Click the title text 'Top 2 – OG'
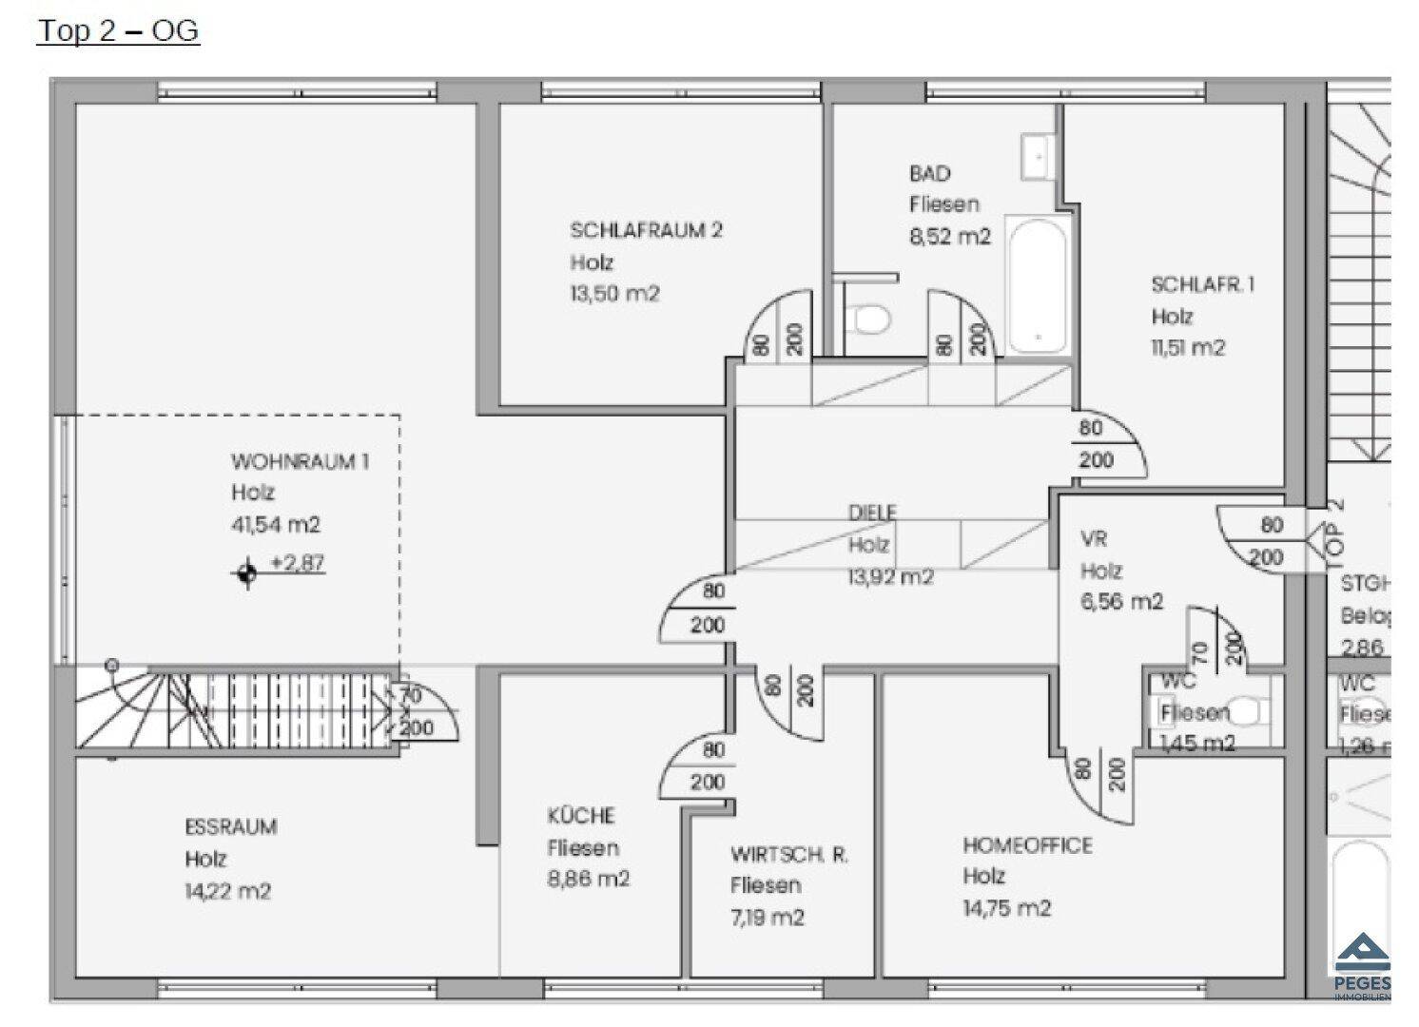pyautogui.click(x=118, y=30)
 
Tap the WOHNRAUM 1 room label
pyautogui.click(x=300, y=462)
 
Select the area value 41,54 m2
pyautogui.click(x=276, y=524)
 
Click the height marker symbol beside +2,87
pyautogui.click(x=247, y=573)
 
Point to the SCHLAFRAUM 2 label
pyautogui.click(x=646, y=230)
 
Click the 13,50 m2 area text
pyautogui.click(x=614, y=294)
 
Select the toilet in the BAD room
pyautogui.click(x=867, y=319)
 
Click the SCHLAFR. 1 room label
pyautogui.click(x=1202, y=284)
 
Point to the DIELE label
pyautogui.click(x=872, y=513)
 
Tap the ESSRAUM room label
pyautogui.click(x=231, y=826)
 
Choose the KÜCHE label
pyautogui.click(x=581, y=816)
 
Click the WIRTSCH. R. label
pyautogui.click(x=788, y=855)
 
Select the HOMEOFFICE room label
pyautogui.click(x=1027, y=845)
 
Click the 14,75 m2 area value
pyautogui.click(x=1006, y=908)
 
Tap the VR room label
pyautogui.click(x=1094, y=539)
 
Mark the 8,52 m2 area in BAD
pyautogui.click(x=950, y=236)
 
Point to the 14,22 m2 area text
pyautogui.click(x=228, y=891)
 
